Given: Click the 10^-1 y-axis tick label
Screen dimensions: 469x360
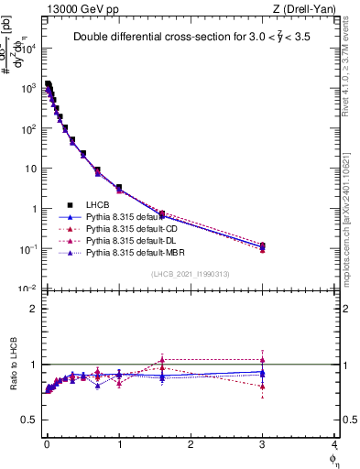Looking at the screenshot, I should tap(27, 249).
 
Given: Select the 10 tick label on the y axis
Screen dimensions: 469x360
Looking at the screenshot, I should tap(29, 169).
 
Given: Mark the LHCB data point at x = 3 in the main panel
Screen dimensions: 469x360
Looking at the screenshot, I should tap(263, 245).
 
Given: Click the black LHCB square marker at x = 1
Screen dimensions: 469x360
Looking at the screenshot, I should tap(119, 188).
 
